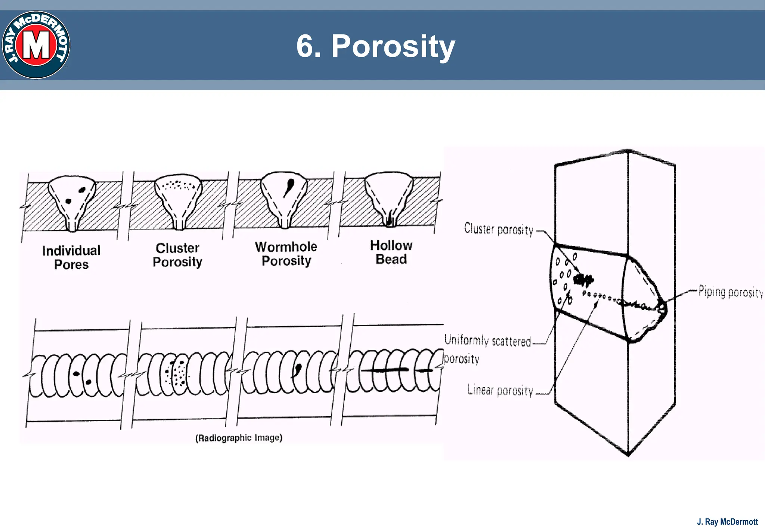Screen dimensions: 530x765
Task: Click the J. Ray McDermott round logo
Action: click(36, 45)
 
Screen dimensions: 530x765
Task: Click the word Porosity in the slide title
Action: click(393, 46)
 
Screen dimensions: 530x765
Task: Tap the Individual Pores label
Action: click(71, 257)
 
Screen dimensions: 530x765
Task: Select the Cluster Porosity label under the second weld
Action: click(177, 255)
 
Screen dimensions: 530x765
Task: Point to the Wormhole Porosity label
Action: click(286, 253)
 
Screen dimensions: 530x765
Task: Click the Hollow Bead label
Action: click(391, 252)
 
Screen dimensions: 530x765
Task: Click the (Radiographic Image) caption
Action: click(239, 438)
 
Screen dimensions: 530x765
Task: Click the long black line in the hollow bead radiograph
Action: click(385, 370)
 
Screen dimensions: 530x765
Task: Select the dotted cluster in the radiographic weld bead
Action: click(176, 373)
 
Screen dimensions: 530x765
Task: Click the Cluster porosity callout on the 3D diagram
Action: click(498, 229)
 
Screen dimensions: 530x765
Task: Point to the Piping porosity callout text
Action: click(730, 292)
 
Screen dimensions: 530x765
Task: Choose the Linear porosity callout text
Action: click(500, 391)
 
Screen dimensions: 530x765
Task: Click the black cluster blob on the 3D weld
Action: click(583, 279)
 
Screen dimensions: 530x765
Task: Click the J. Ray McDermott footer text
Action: click(727, 522)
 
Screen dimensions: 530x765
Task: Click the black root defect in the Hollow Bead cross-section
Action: click(390, 219)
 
